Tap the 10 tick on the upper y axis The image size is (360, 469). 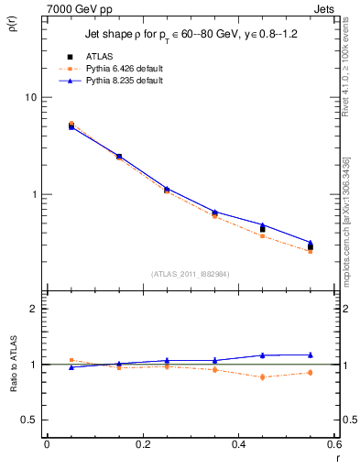coord(32,97)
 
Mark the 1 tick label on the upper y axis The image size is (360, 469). coord(35,195)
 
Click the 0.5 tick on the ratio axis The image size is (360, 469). coord(30,420)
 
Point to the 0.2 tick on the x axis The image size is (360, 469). coord(142,444)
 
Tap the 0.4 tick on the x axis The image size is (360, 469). coord(238,444)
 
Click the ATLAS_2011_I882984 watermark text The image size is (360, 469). coord(191,273)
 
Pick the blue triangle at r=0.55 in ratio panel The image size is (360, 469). coord(311,354)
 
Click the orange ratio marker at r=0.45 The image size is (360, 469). coord(262,376)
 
